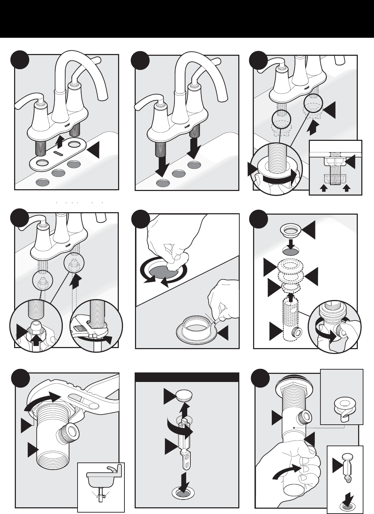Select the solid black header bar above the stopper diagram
pyautogui.click(x=187, y=377)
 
